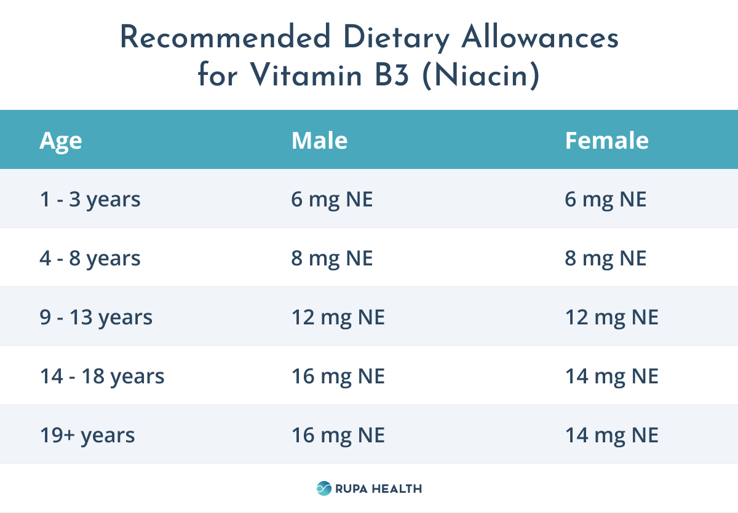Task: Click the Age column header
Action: click(x=61, y=141)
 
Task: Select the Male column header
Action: click(x=319, y=141)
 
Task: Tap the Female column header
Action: click(x=606, y=141)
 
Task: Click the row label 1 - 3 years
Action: click(x=90, y=200)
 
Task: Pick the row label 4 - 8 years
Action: click(x=90, y=259)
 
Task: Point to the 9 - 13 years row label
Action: click(x=97, y=318)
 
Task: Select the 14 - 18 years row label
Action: click(x=102, y=376)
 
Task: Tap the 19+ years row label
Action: click(x=87, y=436)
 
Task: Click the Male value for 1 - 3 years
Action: click(x=332, y=200)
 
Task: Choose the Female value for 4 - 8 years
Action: click(x=606, y=259)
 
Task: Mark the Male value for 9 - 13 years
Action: click(x=338, y=318)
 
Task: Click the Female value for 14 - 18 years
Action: click(x=612, y=376)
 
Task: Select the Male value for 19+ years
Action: click(x=338, y=436)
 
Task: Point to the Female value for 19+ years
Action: click(x=612, y=436)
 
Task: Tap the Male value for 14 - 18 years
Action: click(x=338, y=376)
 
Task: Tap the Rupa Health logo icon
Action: click(x=323, y=488)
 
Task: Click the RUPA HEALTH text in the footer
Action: click(x=378, y=489)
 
